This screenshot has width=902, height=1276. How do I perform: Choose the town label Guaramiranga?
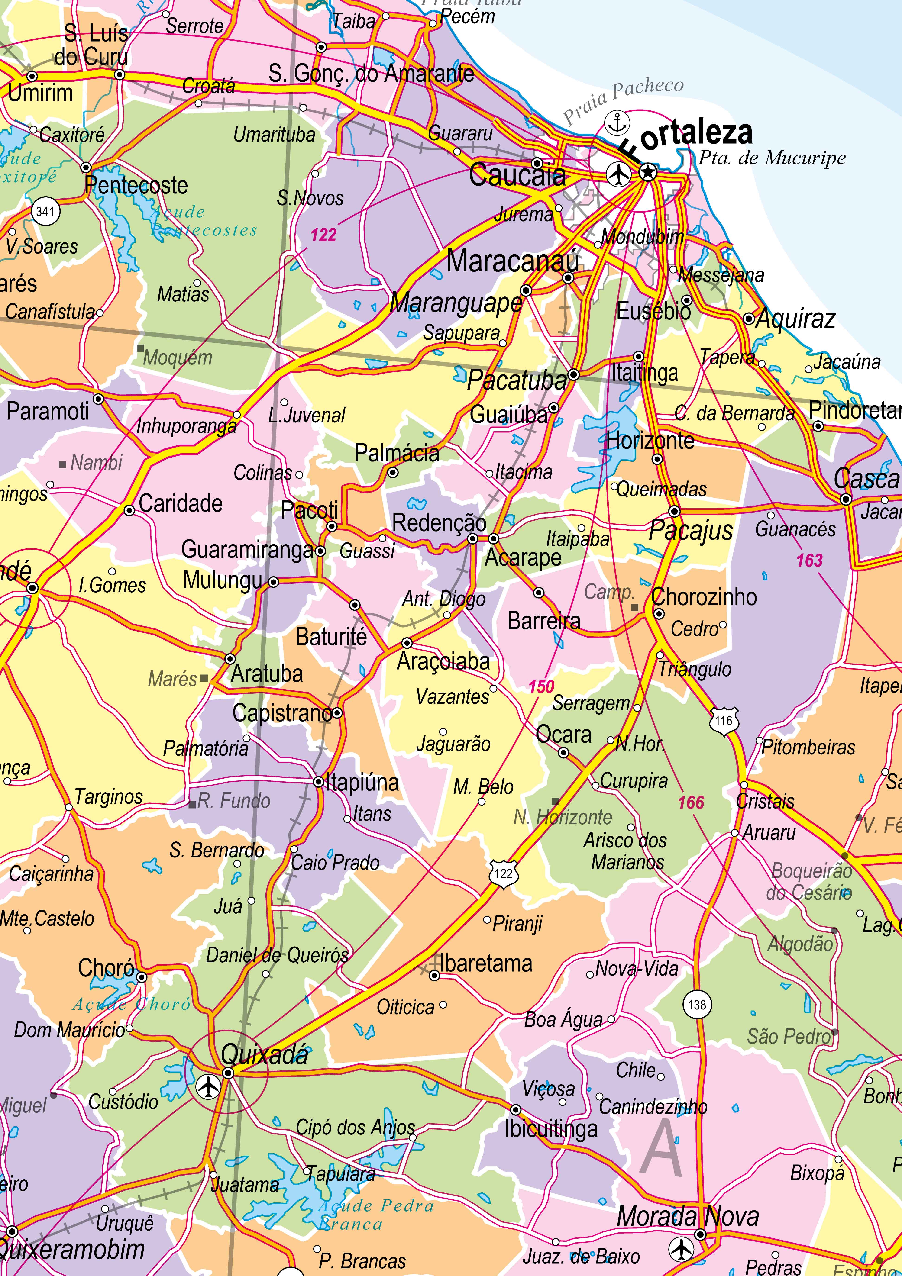pyautogui.click(x=247, y=550)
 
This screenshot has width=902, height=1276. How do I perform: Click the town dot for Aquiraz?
pyautogui.click(x=749, y=319)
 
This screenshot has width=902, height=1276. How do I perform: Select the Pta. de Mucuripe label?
pyautogui.click(x=772, y=158)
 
